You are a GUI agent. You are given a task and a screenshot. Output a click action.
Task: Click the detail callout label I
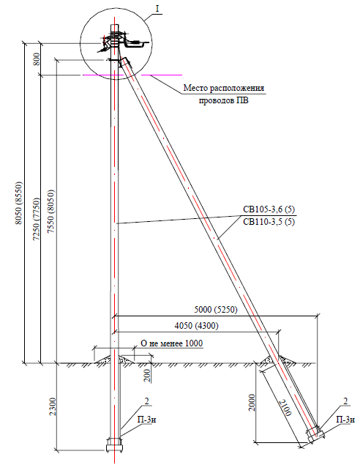click(x=157, y=9)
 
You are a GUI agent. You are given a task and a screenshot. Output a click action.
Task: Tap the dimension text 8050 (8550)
click(x=19, y=203)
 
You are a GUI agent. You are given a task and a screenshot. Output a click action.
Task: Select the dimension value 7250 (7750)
click(x=36, y=219)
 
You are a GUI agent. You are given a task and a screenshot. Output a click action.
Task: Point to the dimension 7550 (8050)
click(x=51, y=211)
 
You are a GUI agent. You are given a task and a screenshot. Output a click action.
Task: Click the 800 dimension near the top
click(x=36, y=59)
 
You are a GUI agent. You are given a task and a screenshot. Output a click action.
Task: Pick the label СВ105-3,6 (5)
click(x=269, y=209)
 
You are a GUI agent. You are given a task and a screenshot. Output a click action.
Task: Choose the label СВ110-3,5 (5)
click(x=269, y=222)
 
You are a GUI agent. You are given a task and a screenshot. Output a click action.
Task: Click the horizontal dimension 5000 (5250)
click(x=216, y=310)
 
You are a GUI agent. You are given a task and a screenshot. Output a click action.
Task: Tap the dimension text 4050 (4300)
click(x=196, y=326)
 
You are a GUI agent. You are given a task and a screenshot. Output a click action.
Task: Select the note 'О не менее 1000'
click(x=171, y=343)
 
